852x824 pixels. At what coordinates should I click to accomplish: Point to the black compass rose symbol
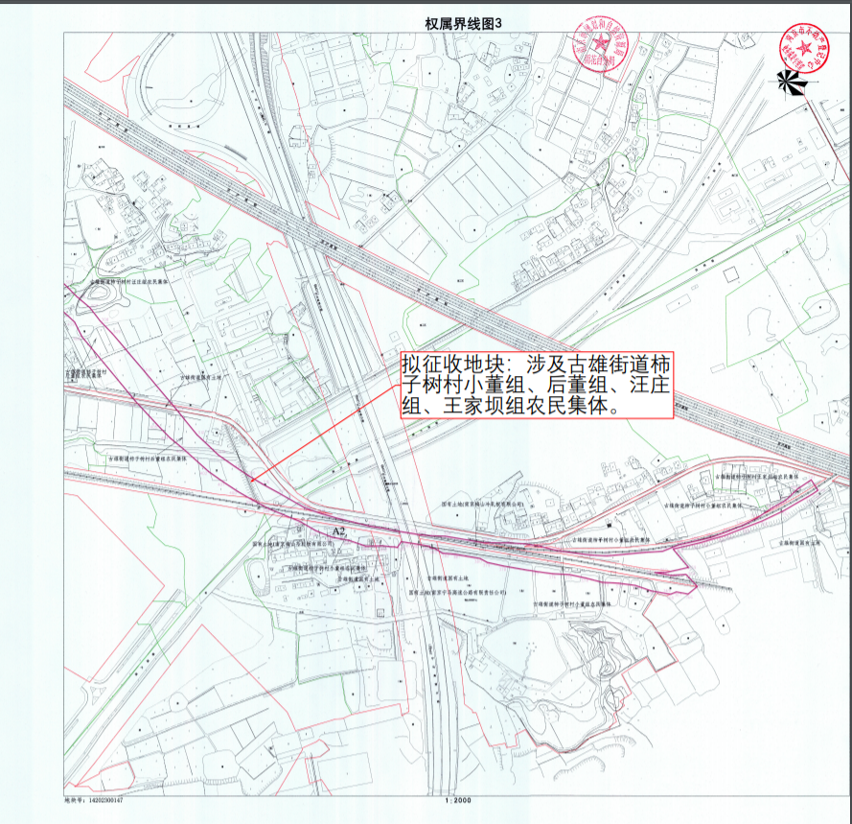tap(793, 84)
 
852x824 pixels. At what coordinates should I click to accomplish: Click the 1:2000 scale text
tap(458, 799)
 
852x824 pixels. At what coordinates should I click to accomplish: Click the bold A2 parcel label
tap(337, 530)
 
